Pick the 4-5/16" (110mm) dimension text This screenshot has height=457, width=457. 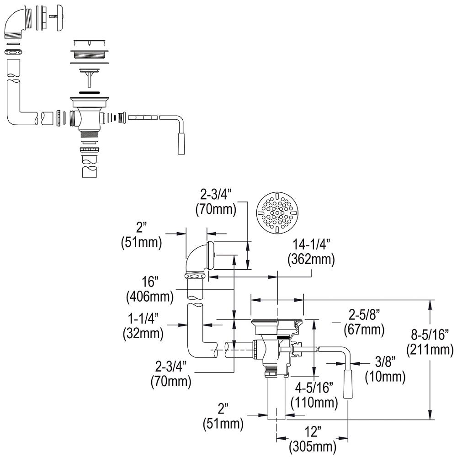[x=315, y=395]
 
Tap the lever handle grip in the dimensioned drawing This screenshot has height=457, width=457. [x=349, y=384]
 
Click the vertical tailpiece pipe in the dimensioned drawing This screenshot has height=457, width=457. [x=276, y=398]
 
